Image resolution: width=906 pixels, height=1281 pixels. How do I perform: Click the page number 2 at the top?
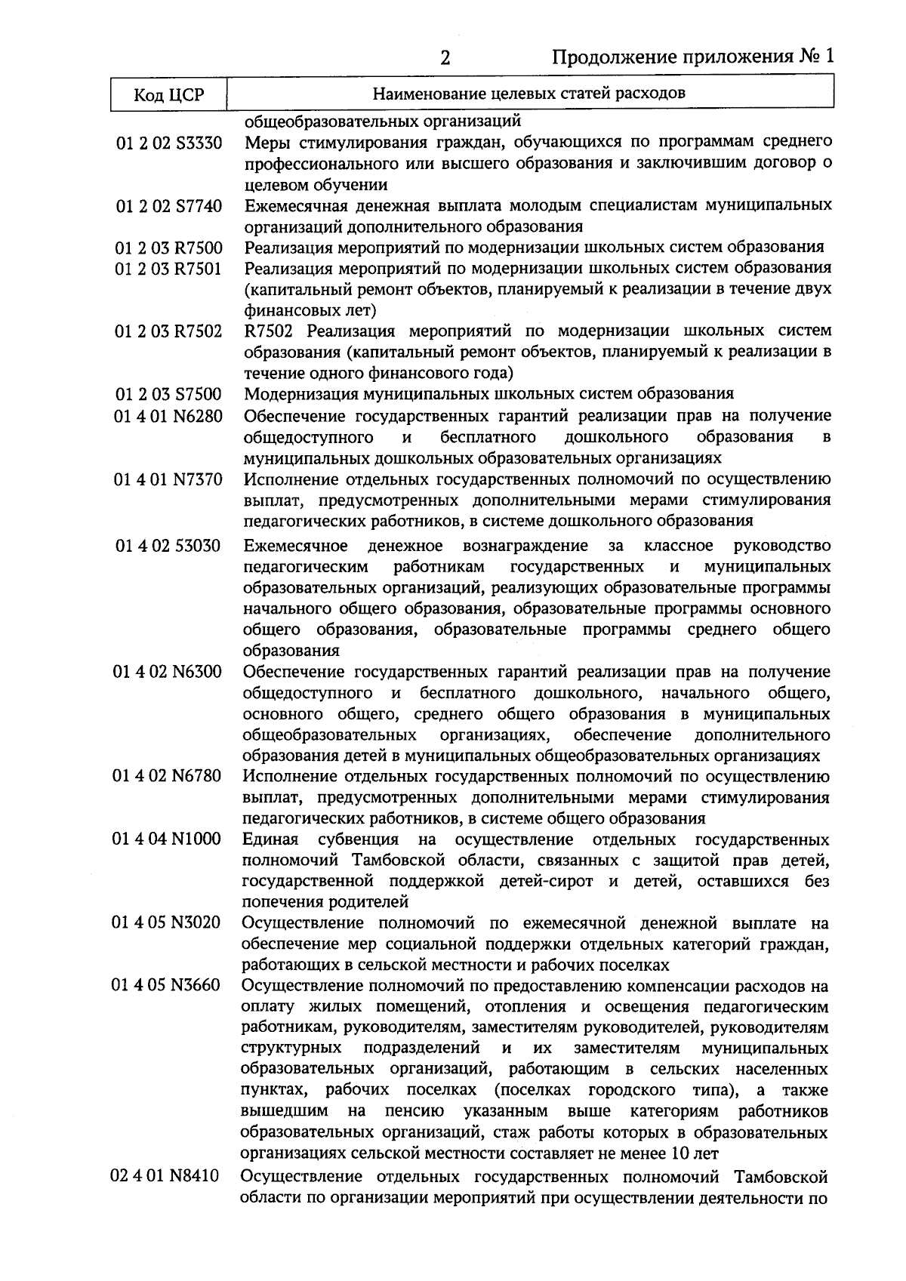(445, 58)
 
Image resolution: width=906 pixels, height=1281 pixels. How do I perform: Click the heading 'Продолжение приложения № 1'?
(692, 57)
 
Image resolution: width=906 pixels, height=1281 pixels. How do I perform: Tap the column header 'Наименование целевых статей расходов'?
(529, 94)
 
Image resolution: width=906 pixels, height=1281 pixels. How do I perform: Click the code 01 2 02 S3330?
(168, 142)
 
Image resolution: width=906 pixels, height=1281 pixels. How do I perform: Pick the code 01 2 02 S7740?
(168, 206)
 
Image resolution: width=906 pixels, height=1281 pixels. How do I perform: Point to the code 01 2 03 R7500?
(168, 248)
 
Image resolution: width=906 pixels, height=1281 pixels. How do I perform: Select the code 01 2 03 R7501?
(168, 269)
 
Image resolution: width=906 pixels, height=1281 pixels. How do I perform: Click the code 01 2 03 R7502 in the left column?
(168, 331)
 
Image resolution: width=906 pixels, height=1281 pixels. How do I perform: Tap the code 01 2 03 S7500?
(168, 394)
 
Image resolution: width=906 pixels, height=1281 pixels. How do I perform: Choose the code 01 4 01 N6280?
(168, 416)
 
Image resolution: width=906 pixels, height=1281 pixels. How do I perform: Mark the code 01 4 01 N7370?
(168, 479)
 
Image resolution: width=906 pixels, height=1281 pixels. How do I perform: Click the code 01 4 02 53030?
(168, 546)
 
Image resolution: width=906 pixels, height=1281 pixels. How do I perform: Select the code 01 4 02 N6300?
(168, 672)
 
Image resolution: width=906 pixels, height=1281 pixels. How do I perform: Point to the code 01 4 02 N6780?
(168, 777)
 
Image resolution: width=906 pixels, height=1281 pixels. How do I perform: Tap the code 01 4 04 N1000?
(168, 840)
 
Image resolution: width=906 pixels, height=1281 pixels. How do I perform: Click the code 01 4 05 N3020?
(168, 923)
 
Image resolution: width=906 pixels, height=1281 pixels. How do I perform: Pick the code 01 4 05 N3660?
(168, 987)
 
